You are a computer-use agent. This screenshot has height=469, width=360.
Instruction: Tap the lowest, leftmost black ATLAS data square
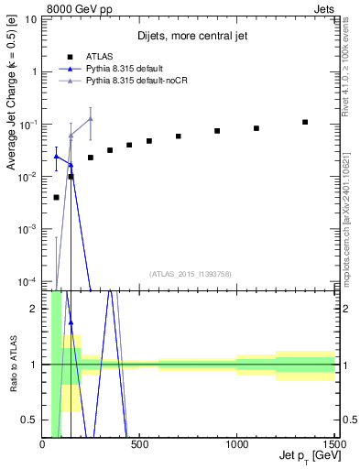point(56,197)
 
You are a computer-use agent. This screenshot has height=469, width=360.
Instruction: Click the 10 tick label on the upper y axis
point(31,18)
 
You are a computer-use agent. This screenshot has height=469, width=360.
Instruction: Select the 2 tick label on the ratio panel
point(33,309)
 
